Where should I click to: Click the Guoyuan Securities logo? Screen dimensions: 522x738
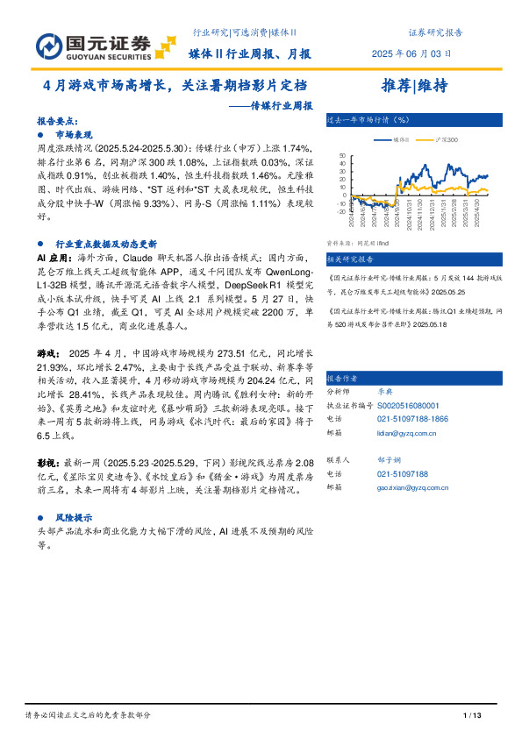point(94,45)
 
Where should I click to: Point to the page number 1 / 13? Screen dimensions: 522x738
point(472,717)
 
